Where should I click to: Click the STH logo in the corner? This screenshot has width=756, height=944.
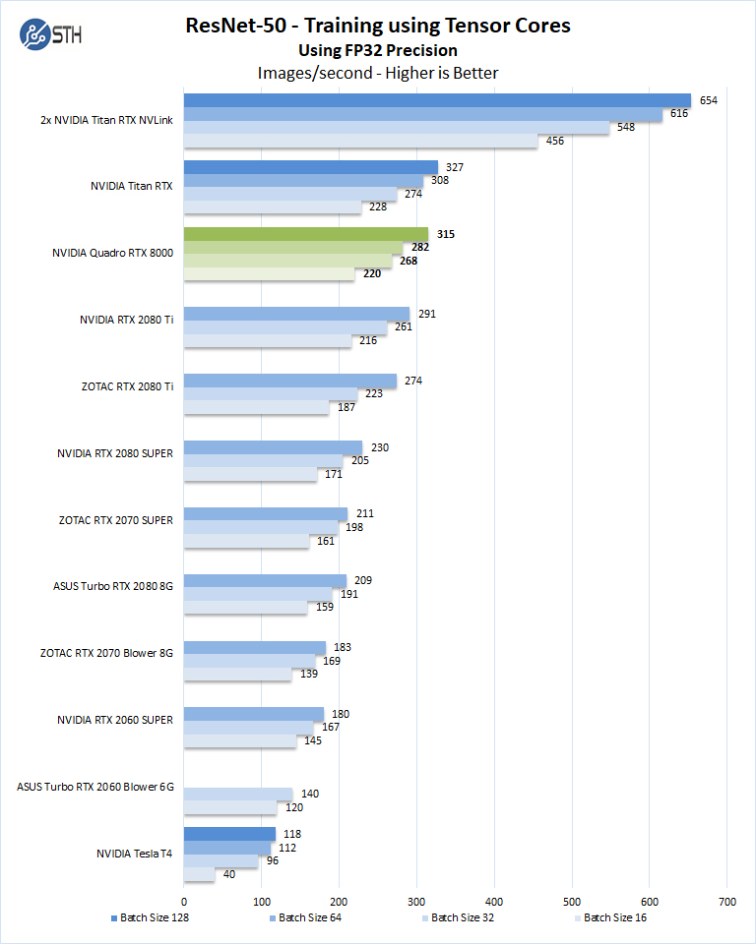point(50,36)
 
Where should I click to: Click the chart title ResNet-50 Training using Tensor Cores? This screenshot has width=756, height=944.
point(378,26)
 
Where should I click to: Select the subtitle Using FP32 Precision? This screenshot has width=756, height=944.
point(378,50)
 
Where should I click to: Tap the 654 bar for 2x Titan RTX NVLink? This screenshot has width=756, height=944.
point(437,100)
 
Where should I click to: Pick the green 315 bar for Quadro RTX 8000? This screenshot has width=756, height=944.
point(305,234)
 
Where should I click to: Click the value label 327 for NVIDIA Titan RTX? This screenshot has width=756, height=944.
point(454,167)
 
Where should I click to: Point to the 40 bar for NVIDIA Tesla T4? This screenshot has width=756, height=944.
point(199,874)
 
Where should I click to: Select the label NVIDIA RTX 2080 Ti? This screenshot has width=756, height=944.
point(126,320)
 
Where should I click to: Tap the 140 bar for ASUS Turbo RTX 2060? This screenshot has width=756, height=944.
point(238,794)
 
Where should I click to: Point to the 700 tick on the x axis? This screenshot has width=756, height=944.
point(726,900)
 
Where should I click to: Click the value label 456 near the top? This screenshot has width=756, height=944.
point(555,141)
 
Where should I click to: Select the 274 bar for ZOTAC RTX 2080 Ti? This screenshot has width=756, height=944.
point(290,381)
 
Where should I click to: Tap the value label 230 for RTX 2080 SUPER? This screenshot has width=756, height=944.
point(380,447)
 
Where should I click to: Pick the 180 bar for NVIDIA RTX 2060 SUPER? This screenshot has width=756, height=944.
point(254,714)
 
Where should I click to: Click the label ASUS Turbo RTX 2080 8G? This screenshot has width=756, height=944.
point(113,586)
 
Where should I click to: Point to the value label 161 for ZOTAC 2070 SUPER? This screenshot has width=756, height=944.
point(326,541)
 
